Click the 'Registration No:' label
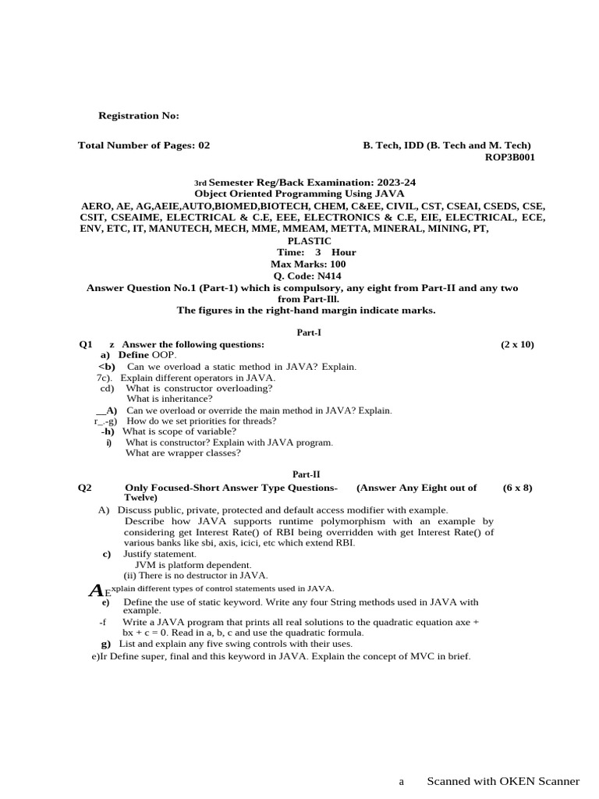click(x=138, y=116)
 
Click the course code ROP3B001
click(x=510, y=157)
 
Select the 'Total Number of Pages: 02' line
click(x=144, y=145)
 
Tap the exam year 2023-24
click(x=393, y=182)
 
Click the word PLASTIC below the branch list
click(x=310, y=241)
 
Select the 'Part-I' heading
click(x=310, y=332)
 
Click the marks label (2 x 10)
click(x=517, y=344)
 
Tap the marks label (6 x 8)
click(x=518, y=488)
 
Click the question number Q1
click(x=86, y=344)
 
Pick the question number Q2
click(x=85, y=488)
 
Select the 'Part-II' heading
click(x=306, y=474)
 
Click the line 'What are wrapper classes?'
click(x=183, y=453)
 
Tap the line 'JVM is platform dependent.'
click(x=193, y=564)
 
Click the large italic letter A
click(x=96, y=590)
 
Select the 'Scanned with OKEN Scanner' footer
click(x=503, y=781)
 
